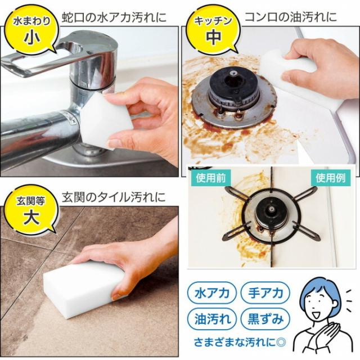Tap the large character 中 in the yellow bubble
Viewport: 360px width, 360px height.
tap(213, 38)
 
